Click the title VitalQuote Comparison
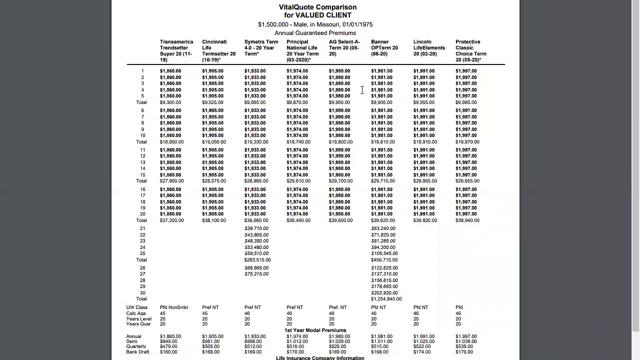tap(317, 7)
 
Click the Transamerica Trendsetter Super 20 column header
tap(176, 51)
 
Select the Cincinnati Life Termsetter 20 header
tap(218, 51)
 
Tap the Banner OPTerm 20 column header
tap(384, 48)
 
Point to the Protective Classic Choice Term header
tap(470, 51)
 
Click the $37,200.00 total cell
tap(171, 220)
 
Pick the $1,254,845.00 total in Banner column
tap(386, 299)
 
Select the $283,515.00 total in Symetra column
tap(257, 260)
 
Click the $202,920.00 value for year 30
tap(384, 293)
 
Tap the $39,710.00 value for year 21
tap(256, 228)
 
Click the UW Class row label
tap(136, 307)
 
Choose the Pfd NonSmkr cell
tap(174, 307)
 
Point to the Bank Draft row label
tap(137, 352)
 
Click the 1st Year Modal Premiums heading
tap(315, 330)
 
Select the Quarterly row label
tap(136, 346)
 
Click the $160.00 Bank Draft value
tap(168, 352)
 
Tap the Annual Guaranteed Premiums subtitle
tap(315, 33)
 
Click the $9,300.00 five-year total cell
tap(170, 102)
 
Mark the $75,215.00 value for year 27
tap(256, 274)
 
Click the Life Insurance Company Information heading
tap(320, 357)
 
